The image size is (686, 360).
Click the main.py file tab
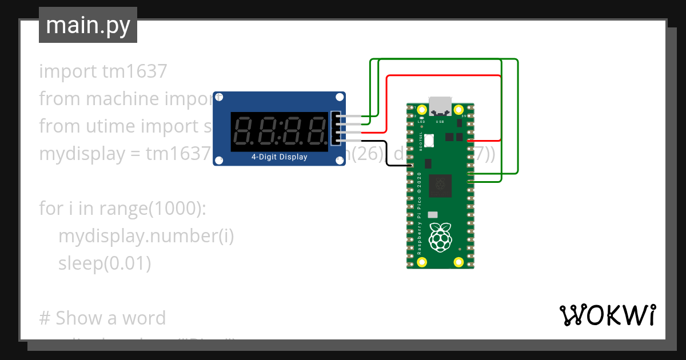(x=87, y=25)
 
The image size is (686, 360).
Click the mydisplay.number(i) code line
(x=146, y=235)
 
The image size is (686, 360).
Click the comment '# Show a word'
(x=102, y=318)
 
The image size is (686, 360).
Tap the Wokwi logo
(x=607, y=315)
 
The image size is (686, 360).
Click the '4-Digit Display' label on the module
(x=279, y=157)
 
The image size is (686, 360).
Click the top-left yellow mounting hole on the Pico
(x=422, y=110)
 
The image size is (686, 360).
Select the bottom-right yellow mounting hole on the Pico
(x=458, y=262)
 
